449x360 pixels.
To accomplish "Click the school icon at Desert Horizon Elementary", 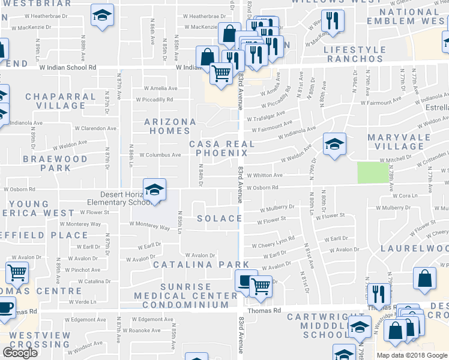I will [154, 190].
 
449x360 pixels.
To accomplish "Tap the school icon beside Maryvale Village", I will [334, 143].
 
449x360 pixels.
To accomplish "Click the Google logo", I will [20, 353].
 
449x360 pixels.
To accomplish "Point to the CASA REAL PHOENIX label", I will [222, 149].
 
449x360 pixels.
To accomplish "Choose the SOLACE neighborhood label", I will [220, 218].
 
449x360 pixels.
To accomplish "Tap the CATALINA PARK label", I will [200, 264].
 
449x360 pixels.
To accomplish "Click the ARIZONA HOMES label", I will [170, 126].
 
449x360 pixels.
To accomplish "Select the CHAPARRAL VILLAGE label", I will [56, 101].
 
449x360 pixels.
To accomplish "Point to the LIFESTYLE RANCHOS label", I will [354, 54].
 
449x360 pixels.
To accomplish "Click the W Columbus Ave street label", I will [160, 155].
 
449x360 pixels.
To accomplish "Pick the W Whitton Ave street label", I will [264, 175].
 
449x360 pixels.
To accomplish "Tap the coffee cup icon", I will [5, 307].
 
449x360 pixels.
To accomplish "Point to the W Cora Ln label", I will [405, 196].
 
